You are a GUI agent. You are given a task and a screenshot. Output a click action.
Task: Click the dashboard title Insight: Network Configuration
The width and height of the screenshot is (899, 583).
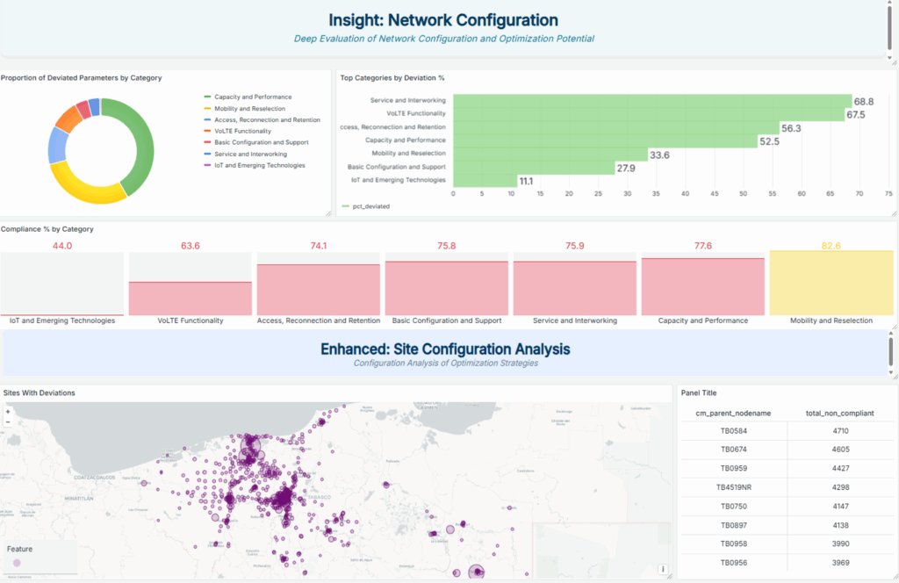click(x=443, y=20)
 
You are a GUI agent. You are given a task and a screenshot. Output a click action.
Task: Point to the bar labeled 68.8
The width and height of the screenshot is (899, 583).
click(x=652, y=102)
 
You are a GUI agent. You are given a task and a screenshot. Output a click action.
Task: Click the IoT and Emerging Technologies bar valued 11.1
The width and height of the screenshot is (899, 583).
click(x=485, y=180)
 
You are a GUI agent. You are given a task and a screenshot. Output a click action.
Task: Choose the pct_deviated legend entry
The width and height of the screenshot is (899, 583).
click(x=369, y=207)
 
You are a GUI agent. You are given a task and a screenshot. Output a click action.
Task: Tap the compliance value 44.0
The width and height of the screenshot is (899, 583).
click(x=62, y=246)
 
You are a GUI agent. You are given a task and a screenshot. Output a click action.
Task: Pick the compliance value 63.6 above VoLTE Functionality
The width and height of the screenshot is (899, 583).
click(x=191, y=246)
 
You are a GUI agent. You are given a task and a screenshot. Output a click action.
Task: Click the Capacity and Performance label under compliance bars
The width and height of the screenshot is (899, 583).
click(x=702, y=320)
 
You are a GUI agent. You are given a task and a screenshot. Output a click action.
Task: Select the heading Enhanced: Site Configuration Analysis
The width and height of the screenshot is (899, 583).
click(x=444, y=349)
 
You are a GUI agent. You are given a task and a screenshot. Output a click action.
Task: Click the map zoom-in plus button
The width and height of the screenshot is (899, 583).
click(x=8, y=411)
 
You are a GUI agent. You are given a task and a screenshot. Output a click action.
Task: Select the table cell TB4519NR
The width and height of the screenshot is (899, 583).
click(x=733, y=486)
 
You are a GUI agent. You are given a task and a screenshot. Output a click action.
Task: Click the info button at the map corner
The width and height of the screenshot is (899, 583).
click(x=663, y=569)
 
